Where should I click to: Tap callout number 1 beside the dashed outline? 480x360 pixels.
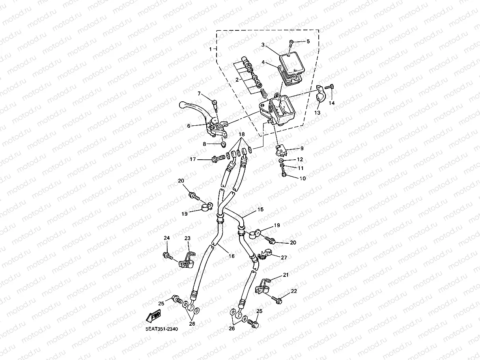[211, 49]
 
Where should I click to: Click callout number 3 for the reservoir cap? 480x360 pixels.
[263, 45]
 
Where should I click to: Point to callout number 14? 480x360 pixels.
[332, 103]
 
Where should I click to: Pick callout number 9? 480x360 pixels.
[302, 149]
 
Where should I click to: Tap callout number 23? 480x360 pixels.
[187, 238]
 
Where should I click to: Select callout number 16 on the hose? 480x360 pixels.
[232, 256]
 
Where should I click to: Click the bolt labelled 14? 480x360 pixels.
[331, 87]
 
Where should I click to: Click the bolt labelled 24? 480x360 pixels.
[168, 256]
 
